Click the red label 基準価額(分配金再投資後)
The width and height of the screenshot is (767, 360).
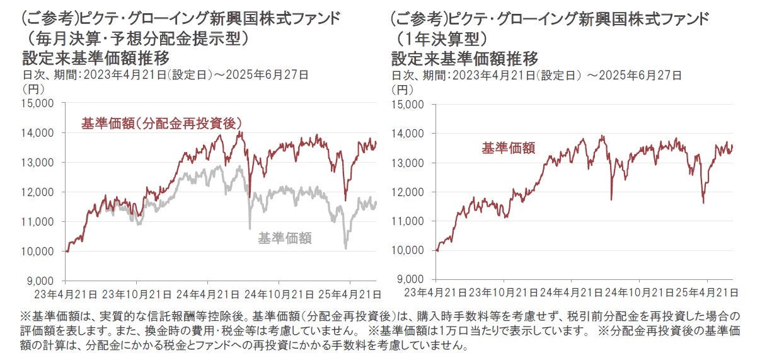(162, 123)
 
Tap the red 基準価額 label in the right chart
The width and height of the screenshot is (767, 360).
(509, 148)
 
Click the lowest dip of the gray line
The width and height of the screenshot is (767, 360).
(345, 248)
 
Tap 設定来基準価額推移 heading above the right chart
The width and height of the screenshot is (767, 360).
(464, 59)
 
